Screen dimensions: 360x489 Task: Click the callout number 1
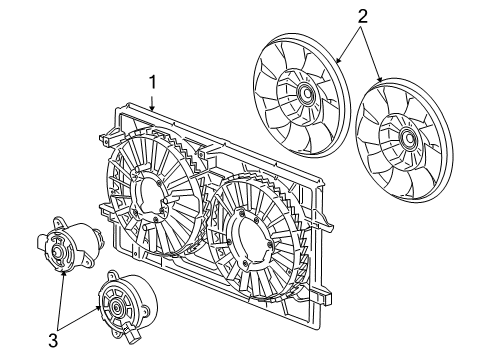153,80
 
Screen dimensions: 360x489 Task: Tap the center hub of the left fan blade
304,97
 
